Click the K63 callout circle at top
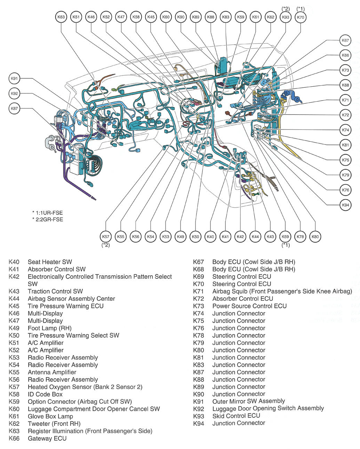(x=61, y=17)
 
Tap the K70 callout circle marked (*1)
(x=301, y=17)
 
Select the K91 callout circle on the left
(x=14, y=79)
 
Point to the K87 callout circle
(x=14, y=109)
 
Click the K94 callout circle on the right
(x=345, y=205)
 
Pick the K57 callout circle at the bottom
(x=106, y=237)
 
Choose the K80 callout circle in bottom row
(x=315, y=237)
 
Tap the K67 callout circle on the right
(x=345, y=40)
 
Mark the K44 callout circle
(x=255, y=237)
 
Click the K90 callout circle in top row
(x=181, y=17)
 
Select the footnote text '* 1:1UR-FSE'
(x=47, y=213)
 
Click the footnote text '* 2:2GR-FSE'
(x=47, y=219)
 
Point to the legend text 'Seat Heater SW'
(x=50, y=262)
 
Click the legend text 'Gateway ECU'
(x=47, y=438)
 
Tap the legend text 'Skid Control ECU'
(x=236, y=416)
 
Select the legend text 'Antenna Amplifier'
(x=52, y=372)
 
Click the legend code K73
(x=198, y=306)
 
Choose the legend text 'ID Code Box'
(x=45, y=394)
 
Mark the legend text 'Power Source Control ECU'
(x=249, y=306)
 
